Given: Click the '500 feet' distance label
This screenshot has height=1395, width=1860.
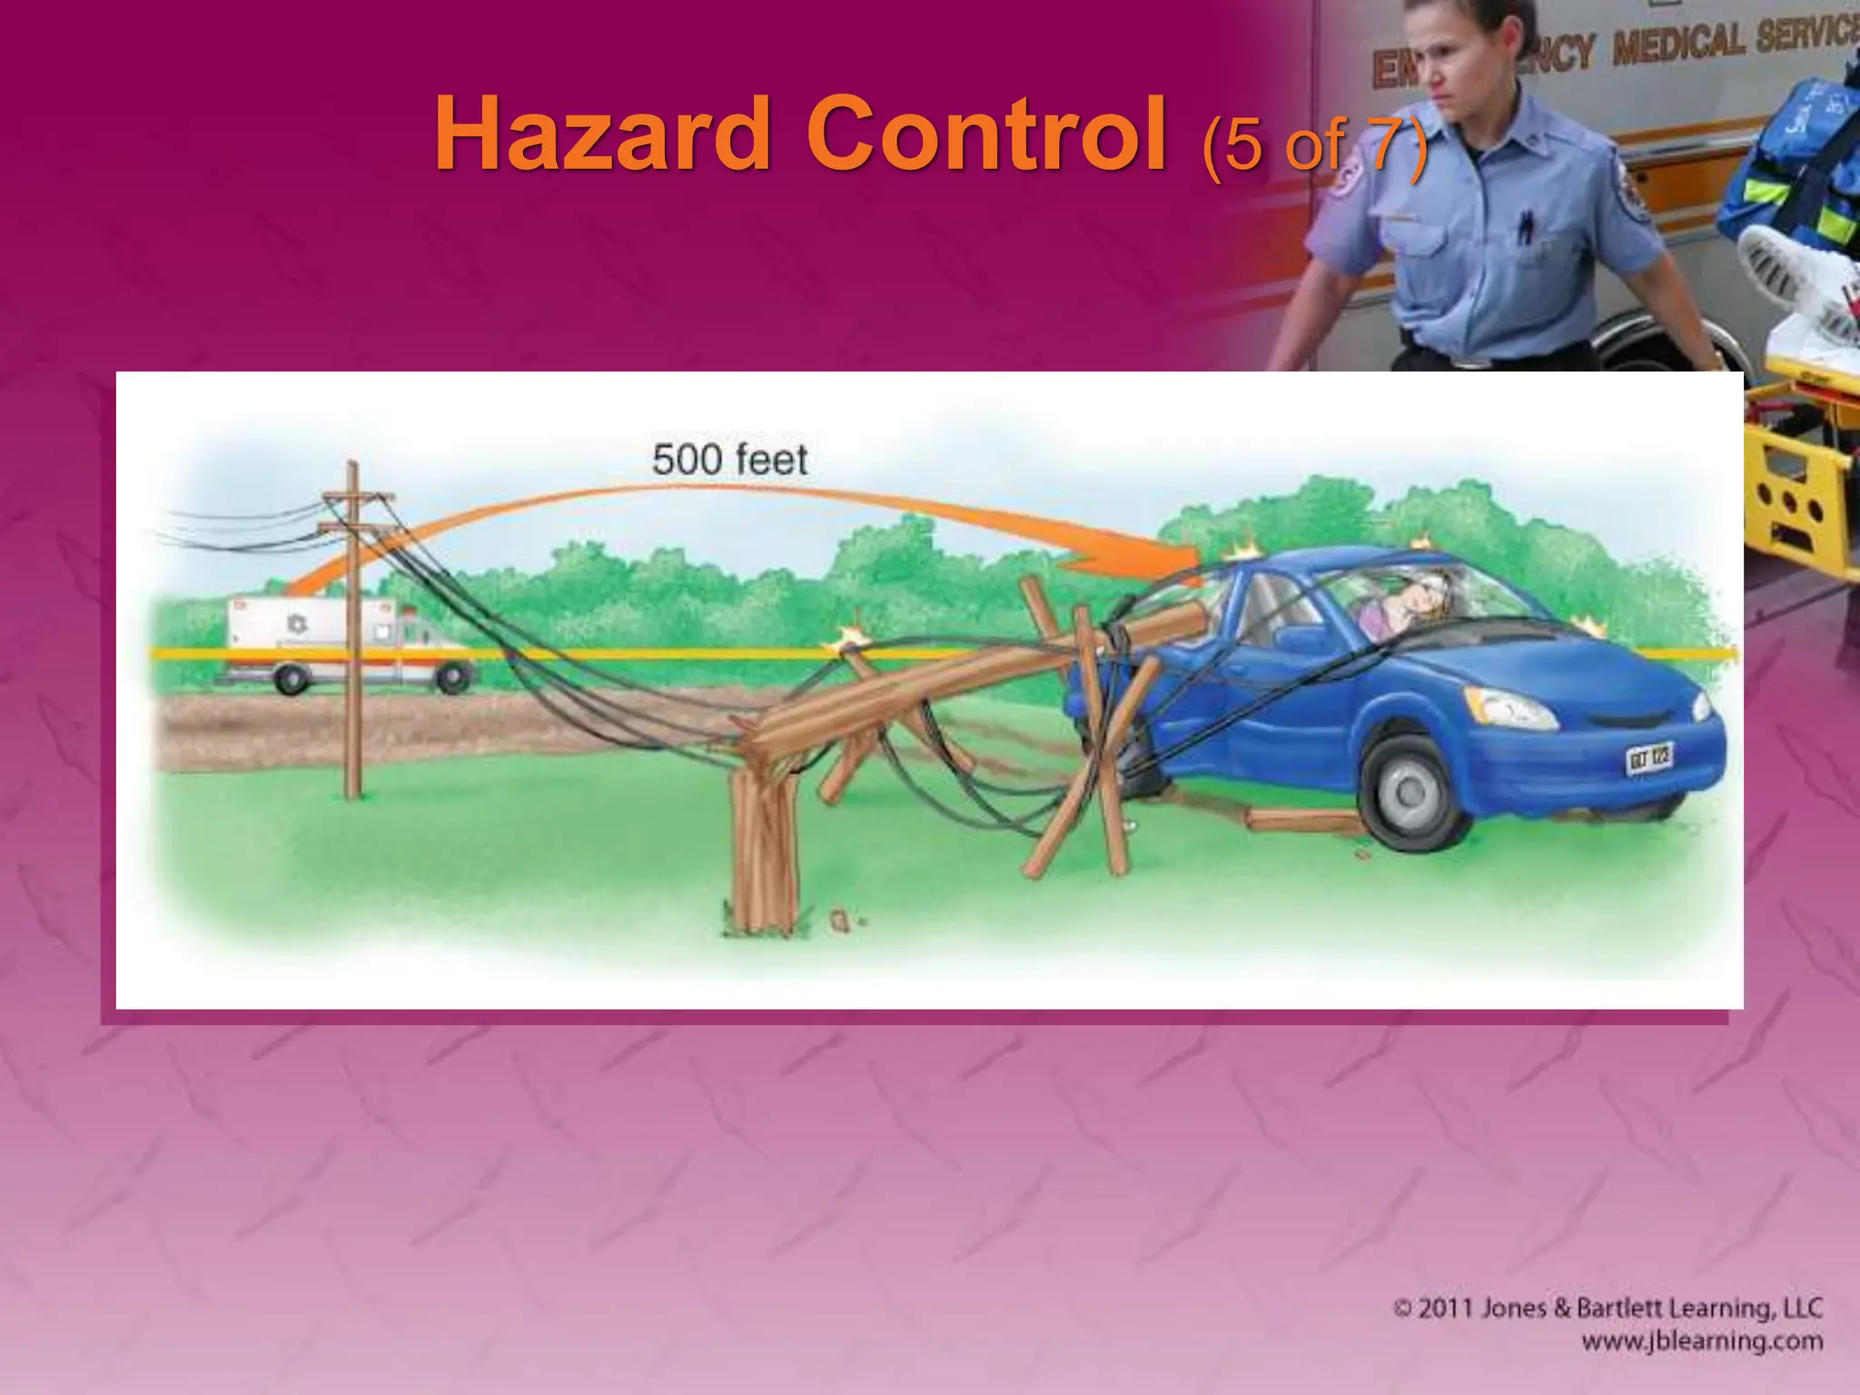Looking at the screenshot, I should tap(729, 460).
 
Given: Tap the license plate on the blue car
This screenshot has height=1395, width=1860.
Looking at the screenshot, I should tap(1649, 757).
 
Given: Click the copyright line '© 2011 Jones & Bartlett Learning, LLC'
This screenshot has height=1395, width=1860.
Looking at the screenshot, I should tap(1608, 1309).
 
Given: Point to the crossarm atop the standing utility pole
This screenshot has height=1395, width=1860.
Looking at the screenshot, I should tap(358, 497).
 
